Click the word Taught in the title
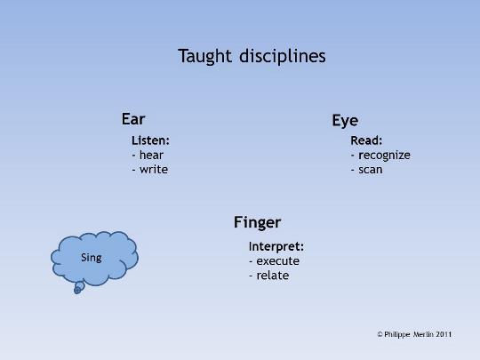tap(204, 57)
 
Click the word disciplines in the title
tap(283, 56)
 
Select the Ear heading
tap(133, 119)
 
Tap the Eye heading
tap(345, 121)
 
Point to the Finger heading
tap(257, 222)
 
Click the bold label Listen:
tap(150, 140)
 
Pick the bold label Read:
tap(366, 140)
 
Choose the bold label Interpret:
tap(276, 246)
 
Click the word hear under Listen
tap(151, 155)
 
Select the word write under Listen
tap(154, 170)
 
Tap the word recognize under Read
tap(384, 156)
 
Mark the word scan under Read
tap(371, 170)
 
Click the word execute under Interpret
tap(278, 261)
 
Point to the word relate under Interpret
tap(273, 276)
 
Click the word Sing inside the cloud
tap(92, 258)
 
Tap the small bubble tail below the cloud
tap(79, 287)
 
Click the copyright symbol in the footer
tap(380, 334)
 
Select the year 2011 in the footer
tap(444, 334)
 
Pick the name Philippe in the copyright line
tap(397, 334)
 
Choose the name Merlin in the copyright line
tap(424, 334)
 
